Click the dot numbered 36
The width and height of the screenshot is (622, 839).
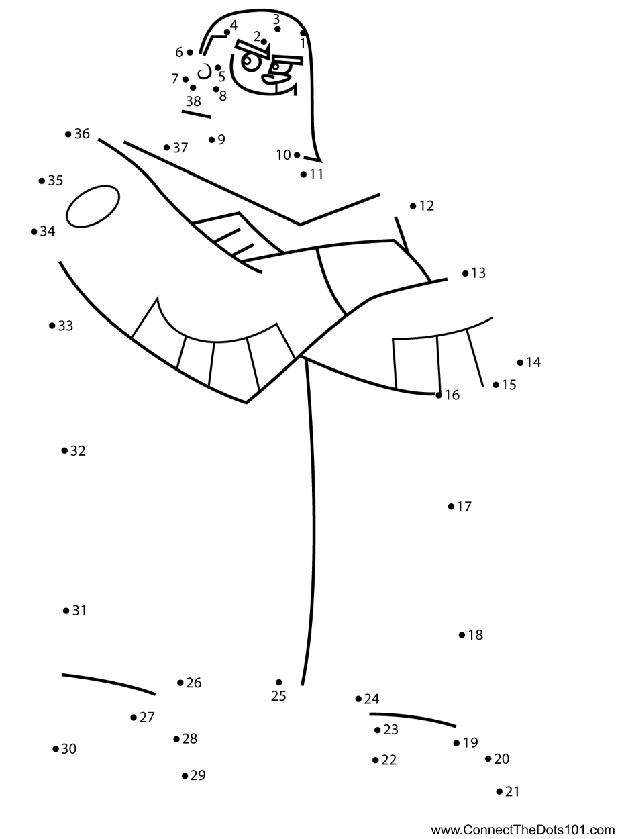coord(68,134)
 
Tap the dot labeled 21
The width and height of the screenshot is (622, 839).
coord(499,791)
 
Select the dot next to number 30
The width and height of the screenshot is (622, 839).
coord(56,748)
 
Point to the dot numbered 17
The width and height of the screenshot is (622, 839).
coord(451,507)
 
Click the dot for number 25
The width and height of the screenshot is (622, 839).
coord(278,682)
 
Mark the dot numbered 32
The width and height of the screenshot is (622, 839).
coord(64,450)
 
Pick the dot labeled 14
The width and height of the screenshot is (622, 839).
coord(520,362)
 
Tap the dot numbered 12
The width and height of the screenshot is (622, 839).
coord(413,206)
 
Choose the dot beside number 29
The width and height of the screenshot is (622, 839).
coord(185,776)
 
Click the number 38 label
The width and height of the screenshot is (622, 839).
coord(193,102)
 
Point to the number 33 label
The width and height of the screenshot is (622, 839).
coord(66,326)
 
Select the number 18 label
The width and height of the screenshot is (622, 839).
coord(476,635)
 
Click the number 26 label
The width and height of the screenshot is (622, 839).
coord(194,683)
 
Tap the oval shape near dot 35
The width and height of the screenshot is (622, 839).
coord(93,206)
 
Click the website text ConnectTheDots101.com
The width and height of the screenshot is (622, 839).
coord(523,830)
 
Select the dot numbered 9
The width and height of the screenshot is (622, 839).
coord(211,140)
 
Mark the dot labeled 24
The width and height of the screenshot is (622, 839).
coord(358,699)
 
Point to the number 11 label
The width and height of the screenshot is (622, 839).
coord(317,175)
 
